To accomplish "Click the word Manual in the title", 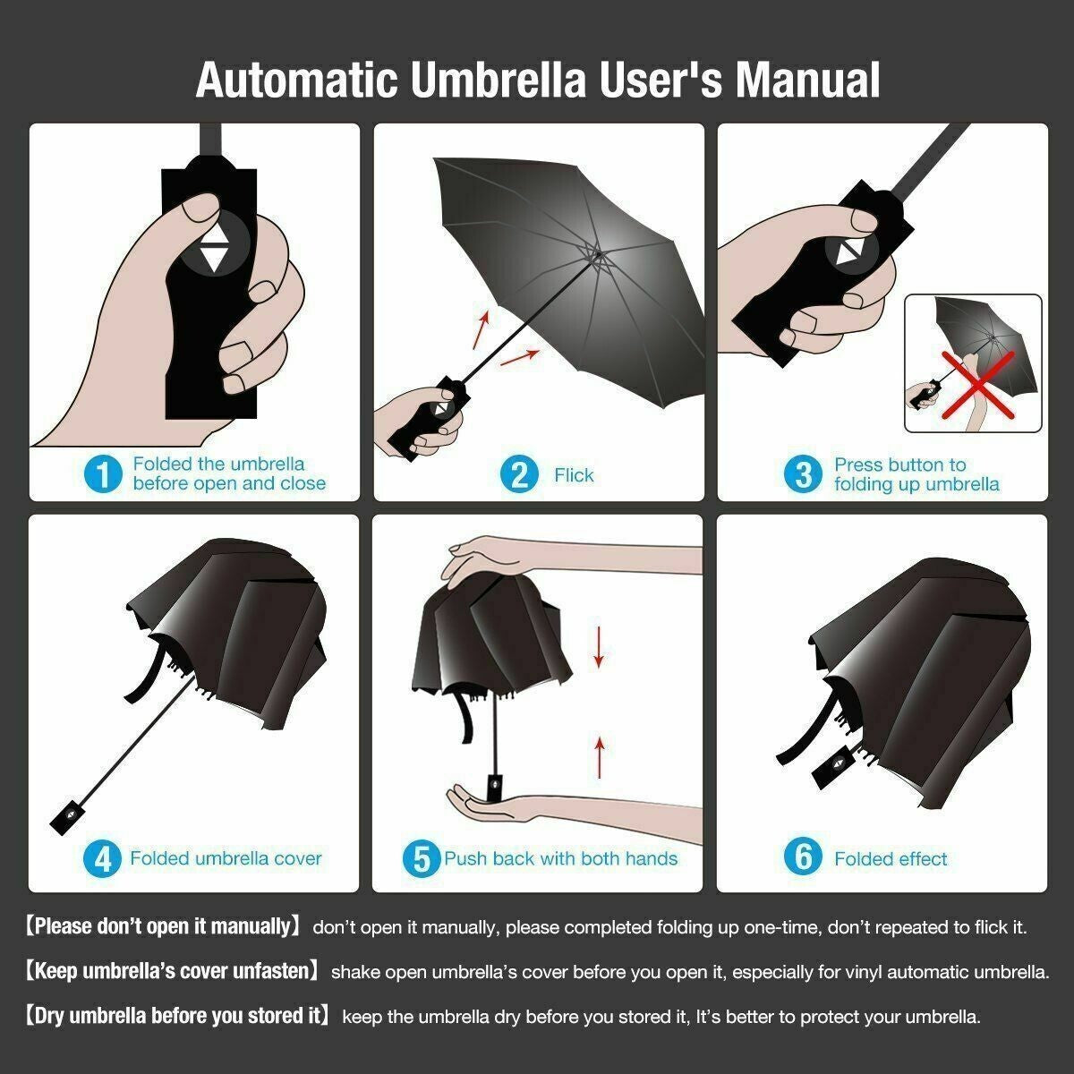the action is coord(807,80).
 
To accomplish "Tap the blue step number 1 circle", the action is coord(103,474).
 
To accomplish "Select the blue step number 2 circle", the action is coord(519,475).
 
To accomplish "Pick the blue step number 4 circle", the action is coord(103,859).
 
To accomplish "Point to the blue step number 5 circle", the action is coord(422,859).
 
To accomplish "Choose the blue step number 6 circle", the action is coord(803,857).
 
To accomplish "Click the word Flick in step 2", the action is coord(574,475).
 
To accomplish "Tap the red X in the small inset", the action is coord(977,385).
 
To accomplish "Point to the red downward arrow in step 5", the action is coord(599,647).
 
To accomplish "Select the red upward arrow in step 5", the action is coord(600,757).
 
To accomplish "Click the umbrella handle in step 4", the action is coord(69,816).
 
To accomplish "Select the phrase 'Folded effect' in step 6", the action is coord(891,859).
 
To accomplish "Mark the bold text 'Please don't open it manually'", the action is coord(163,927).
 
